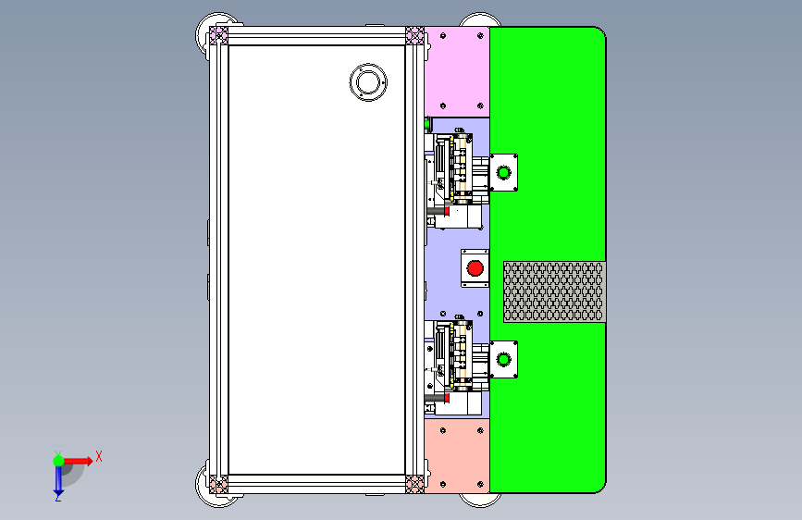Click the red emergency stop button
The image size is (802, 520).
475,268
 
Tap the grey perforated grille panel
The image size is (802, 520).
554,291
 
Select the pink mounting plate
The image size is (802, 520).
457,71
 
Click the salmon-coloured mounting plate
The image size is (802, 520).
457,456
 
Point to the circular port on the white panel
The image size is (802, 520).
368,82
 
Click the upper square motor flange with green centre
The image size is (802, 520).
504,172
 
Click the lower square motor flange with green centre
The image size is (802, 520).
504,360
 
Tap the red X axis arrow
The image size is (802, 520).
78,461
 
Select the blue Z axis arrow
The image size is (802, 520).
58,479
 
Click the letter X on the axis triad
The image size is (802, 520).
99,456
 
